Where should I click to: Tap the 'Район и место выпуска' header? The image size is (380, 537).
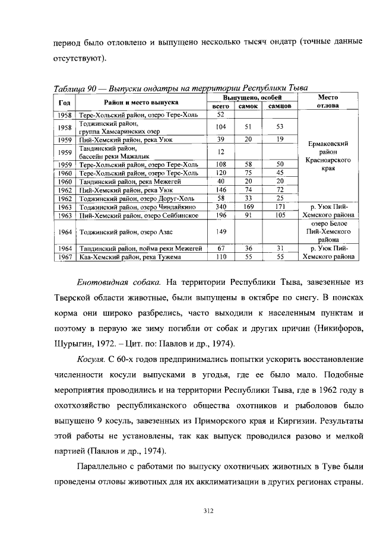(x=138, y=102)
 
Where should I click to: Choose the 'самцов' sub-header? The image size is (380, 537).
(x=279, y=106)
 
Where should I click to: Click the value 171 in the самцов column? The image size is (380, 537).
(x=279, y=207)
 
